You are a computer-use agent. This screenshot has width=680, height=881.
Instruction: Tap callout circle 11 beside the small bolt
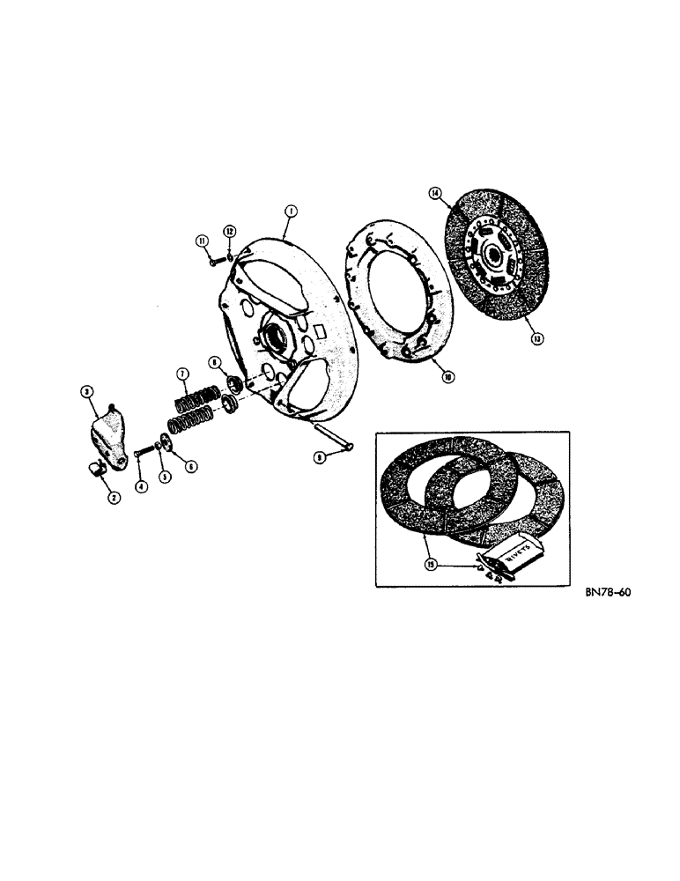[201, 241]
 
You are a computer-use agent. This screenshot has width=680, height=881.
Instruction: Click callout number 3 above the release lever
[87, 392]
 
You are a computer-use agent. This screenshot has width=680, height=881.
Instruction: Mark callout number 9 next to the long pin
[321, 457]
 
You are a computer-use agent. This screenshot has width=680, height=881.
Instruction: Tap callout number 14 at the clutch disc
[435, 193]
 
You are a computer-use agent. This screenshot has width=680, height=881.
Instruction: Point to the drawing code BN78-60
[607, 593]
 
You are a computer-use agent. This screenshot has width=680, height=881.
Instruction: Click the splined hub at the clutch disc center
[492, 256]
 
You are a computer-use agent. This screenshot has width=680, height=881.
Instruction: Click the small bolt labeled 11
[216, 261]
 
